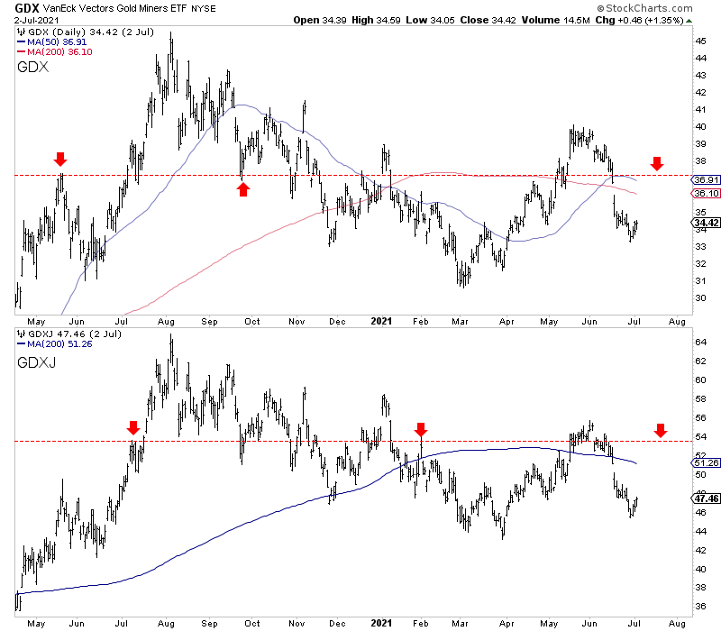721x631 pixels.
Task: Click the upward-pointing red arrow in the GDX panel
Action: click(x=242, y=188)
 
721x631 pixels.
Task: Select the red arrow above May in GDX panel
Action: click(x=60, y=160)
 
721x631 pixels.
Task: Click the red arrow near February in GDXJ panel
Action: click(x=421, y=427)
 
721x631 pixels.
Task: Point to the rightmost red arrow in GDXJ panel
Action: click(x=661, y=431)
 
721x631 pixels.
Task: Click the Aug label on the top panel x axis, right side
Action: click(x=679, y=320)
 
